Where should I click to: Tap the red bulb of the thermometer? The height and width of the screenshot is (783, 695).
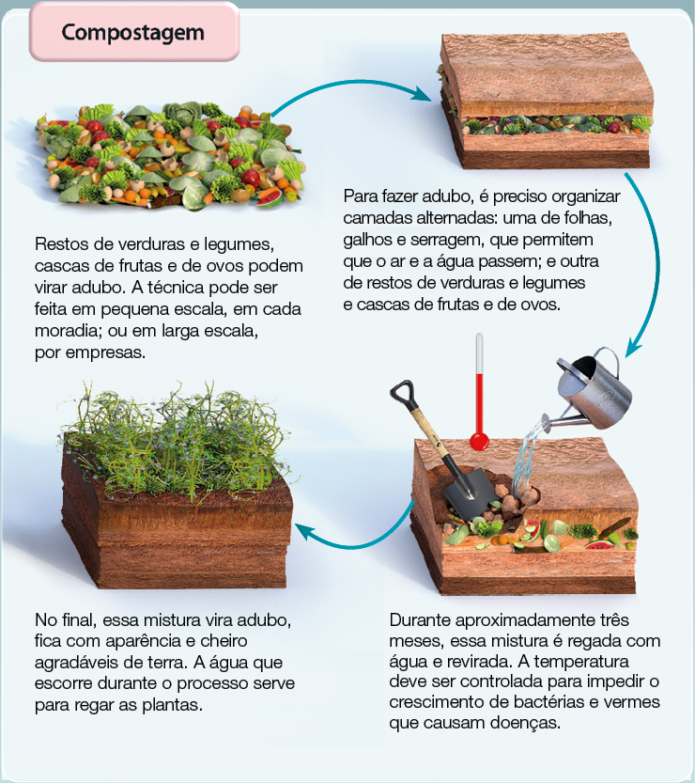point(480,439)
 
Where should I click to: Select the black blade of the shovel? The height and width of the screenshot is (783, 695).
point(464,490)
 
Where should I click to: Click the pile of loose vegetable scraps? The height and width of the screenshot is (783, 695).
point(169,155)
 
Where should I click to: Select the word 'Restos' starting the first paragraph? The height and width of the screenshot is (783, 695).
point(61,244)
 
